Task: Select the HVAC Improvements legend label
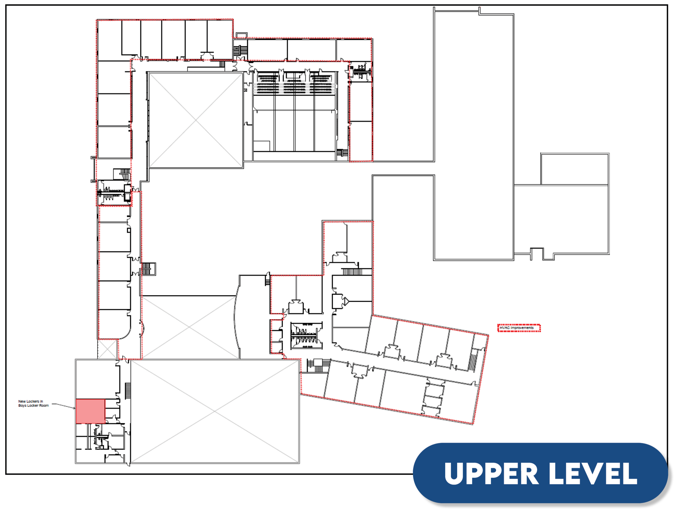516,328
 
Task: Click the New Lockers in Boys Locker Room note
34,403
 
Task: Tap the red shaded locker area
90,411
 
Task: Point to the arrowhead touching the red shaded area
74,408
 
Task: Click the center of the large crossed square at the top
195,120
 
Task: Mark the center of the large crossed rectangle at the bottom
215,411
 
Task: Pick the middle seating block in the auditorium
294,83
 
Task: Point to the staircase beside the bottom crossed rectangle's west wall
128,391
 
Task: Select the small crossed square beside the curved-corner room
107,349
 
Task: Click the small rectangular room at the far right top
574,169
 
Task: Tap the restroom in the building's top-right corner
361,72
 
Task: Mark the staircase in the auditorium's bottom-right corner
342,153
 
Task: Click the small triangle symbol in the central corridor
346,301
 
